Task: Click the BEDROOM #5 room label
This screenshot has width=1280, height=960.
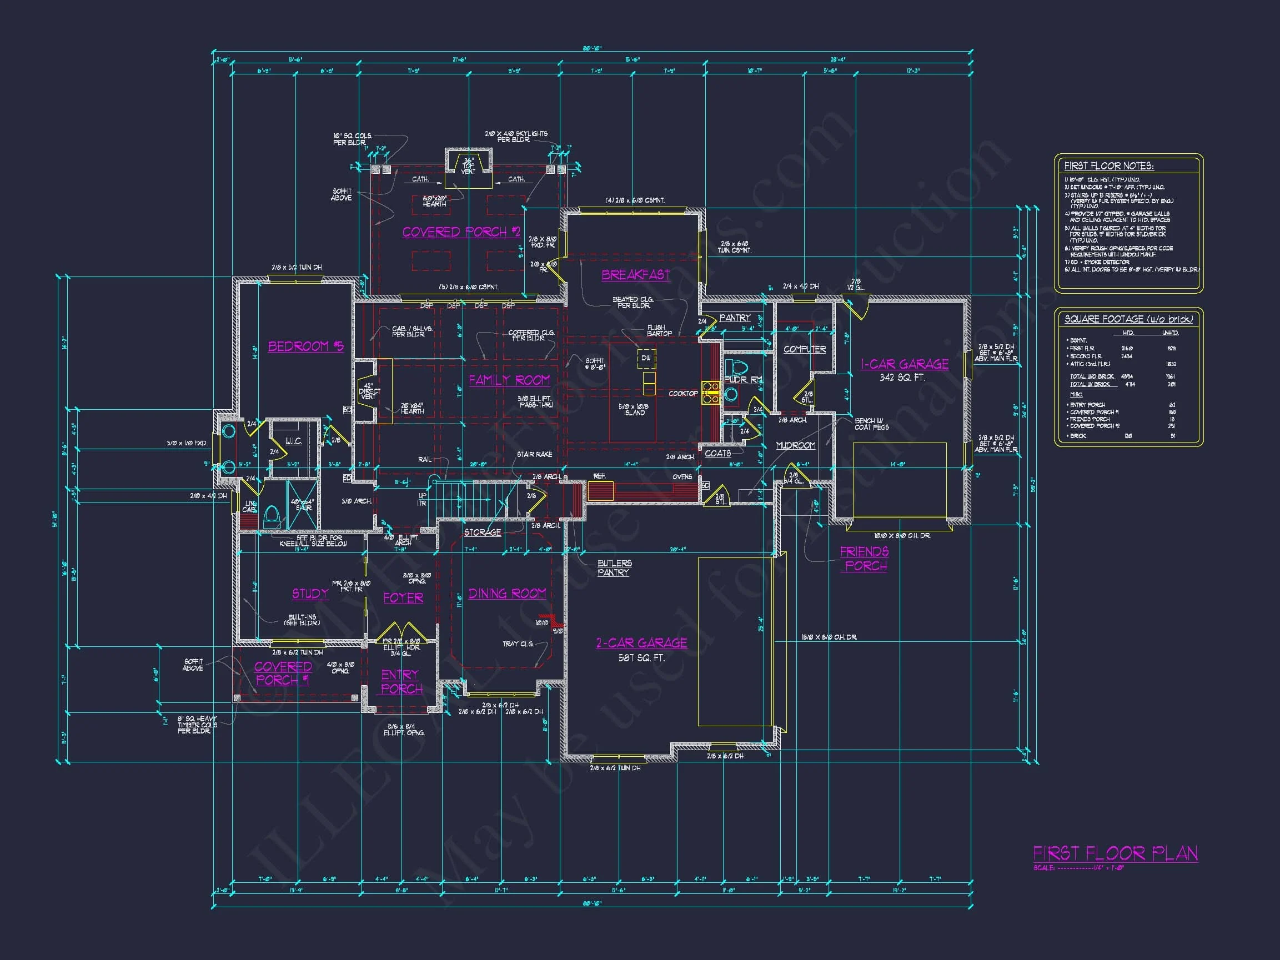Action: click(305, 346)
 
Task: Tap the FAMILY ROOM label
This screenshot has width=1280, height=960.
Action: click(509, 380)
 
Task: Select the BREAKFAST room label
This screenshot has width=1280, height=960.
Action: click(635, 275)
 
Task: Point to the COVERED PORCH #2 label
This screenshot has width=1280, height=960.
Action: click(461, 232)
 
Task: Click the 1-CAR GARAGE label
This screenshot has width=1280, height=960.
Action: click(905, 364)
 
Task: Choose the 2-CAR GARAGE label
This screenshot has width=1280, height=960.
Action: click(642, 643)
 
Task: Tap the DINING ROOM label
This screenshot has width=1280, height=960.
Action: click(507, 594)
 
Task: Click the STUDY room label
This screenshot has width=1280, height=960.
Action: click(310, 594)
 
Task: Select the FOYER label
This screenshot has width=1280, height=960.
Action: click(403, 598)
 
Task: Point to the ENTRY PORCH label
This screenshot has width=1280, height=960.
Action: click(401, 682)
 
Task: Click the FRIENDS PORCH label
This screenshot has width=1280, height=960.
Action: click(865, 559)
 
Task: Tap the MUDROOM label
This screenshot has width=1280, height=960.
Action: click(796, 445)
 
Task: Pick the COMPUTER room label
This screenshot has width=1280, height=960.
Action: click(804, 349)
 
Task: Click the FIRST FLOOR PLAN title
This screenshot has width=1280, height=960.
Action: click(1115, 853)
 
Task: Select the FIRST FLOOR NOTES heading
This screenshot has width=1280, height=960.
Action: click(1109, 166)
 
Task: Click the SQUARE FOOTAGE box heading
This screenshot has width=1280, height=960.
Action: click(1128, 319)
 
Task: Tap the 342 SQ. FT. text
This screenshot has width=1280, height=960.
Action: click(902, 378)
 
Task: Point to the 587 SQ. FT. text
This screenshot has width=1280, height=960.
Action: click(642, 658)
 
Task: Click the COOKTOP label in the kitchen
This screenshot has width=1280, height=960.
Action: click(683, 394)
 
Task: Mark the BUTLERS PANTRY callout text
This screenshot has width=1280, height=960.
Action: click(614, 567)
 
